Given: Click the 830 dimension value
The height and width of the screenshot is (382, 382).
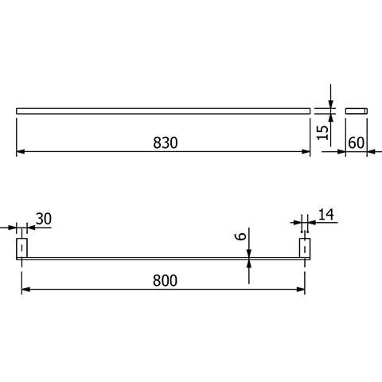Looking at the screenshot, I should [x=164, y=142].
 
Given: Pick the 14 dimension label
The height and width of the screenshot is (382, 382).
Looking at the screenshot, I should [x=327, y=213].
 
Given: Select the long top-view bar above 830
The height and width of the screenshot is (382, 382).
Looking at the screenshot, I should [x=162, y=109].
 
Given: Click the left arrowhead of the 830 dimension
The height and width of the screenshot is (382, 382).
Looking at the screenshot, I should [x=20, y=152].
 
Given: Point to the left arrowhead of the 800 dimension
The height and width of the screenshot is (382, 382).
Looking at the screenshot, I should [x=25, y=290].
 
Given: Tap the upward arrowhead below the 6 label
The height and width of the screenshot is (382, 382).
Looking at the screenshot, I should [x=250, y=263].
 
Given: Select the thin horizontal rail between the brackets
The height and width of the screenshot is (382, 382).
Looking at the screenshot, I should [x=162, y=258].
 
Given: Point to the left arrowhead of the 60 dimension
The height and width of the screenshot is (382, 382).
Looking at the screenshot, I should [x=349, y=152].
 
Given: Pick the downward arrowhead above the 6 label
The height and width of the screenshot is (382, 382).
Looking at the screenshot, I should [x=250, y=252].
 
